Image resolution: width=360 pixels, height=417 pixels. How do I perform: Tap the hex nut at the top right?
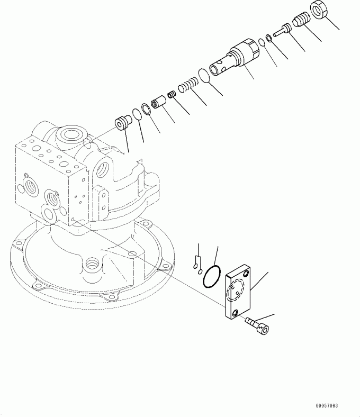coord(319,10)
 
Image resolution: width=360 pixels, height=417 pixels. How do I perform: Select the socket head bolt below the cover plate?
coord(257,325)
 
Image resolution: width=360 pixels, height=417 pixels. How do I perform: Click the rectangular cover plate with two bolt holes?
coord(238,292)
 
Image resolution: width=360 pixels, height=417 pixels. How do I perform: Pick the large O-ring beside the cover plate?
coord(212,276)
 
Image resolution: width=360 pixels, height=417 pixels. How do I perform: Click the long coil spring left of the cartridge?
coord(188,84)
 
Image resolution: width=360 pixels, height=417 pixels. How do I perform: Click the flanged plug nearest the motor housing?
coord(123,123)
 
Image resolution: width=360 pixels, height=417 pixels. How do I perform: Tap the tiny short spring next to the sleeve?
coord(172,94)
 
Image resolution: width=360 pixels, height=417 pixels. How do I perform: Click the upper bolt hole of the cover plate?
coord(246,274)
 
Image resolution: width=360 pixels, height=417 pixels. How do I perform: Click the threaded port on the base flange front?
coord(92,264)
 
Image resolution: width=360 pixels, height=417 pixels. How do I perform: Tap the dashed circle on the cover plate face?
coord(236,291)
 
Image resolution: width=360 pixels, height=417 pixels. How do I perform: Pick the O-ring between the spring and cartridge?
coord(204,75)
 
